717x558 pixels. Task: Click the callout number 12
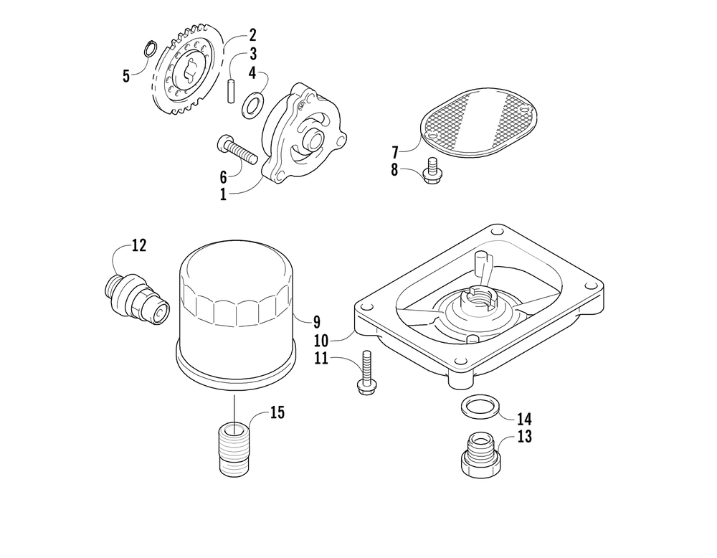[138, 245]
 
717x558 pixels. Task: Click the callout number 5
[127, 75]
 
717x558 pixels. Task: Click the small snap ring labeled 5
[150, 49]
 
